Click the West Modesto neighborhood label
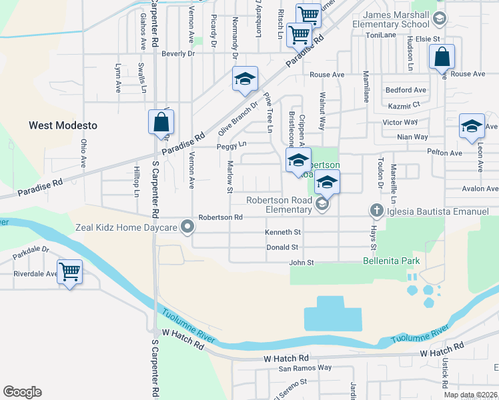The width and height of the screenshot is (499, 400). click(x=63, y=125)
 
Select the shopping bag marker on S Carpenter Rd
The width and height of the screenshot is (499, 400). click(x=161, y=123)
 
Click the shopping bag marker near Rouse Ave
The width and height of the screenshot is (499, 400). click(x=442, y=58)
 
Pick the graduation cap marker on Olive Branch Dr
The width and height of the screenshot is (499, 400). click(x=245, y=79)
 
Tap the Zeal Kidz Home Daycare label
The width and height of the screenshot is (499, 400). click(x=129, y=228)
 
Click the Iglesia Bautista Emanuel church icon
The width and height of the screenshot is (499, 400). click(x=377, y=211)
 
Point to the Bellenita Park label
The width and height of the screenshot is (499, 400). click(x=392, y=260)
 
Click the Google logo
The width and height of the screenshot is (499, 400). click(x=22, y=392)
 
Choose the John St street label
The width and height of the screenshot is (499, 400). click(x=302, y=263)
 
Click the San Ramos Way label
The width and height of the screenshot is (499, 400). click(x=305, y=367)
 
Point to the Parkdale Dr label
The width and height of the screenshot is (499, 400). click(x=31, y=249)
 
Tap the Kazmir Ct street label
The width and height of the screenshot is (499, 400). click(x=405, y=105)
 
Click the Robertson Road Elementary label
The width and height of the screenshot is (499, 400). click(x=279, y=204)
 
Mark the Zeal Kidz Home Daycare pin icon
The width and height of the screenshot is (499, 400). click(x=188, y=227)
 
